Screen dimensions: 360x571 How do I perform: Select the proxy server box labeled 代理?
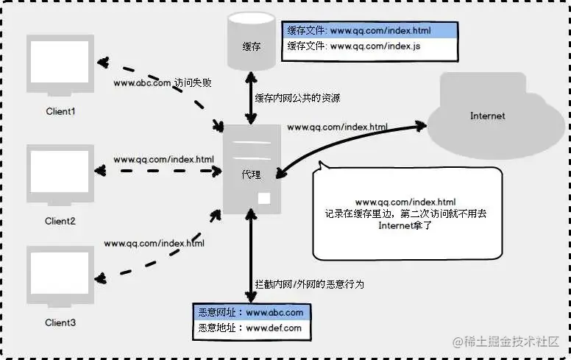coord(252,170)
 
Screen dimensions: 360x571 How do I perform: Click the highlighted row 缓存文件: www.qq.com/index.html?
coord(369,31)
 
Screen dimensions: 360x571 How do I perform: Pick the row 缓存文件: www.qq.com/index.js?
coord(369,46)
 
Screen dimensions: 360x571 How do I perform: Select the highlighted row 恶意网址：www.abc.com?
coord(250,312)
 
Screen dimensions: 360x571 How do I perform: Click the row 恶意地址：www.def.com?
coord(250,328)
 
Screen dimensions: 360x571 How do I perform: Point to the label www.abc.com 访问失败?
coord(162,82)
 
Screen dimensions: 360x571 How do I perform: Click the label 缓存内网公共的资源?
coord(297,98)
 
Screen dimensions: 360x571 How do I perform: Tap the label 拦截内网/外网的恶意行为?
coord(309,283)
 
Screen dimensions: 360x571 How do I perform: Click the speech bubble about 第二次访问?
coord(406,213)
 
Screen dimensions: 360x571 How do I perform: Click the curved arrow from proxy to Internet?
coord(346,145)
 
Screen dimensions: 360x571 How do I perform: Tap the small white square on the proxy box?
coord(263,199)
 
